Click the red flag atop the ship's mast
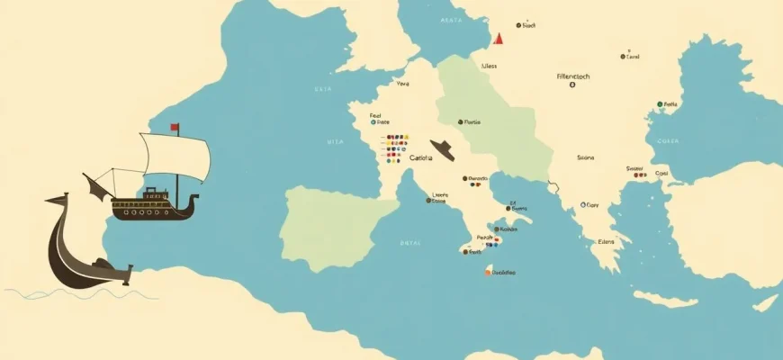click(x=175, y=127)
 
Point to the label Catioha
click(x=420, y=158)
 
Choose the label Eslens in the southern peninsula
click(x=607, y=241)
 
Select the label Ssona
click(x=585, y=157)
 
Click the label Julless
click(x=489, y=65)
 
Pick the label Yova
click(x=402, y=84)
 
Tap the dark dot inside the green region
click(x=460, y=121)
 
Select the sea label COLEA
click(x=667, y=140)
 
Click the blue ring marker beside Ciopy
click(x=583, y=205)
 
